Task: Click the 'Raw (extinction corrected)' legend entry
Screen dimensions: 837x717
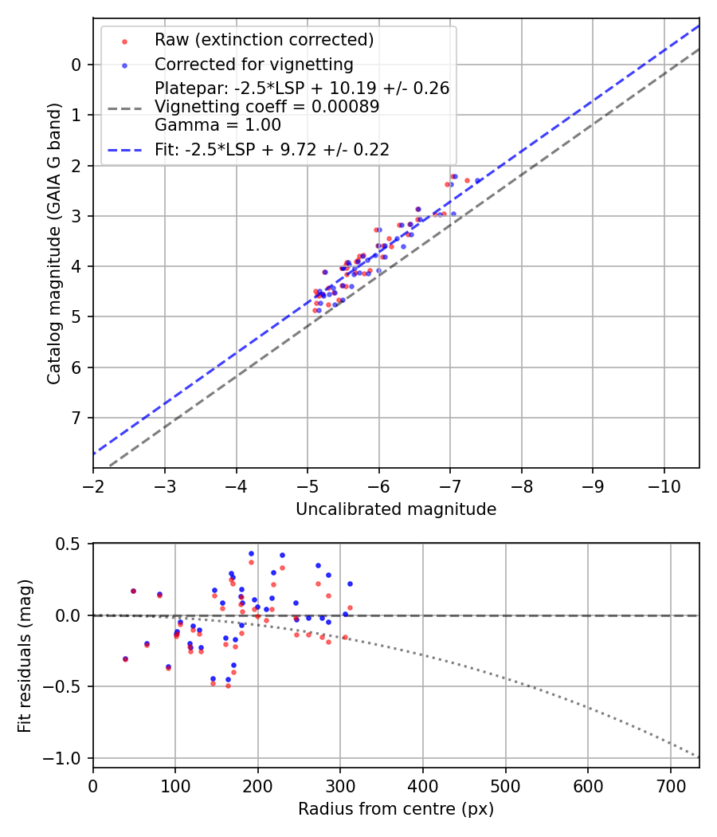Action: click(x=264, y=40)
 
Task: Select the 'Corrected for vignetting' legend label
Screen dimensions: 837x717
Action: click(x=253, y=64)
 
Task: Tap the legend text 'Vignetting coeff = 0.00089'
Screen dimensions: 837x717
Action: click(x=267, y=107)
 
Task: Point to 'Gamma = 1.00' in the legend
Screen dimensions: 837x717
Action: click(x=217, y=124)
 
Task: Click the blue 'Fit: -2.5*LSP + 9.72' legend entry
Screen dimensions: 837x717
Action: click(x=272, y=149)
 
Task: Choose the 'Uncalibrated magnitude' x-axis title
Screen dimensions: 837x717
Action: click(x=396, y=509)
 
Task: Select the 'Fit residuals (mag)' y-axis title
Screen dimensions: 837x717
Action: click(x=25, y=655)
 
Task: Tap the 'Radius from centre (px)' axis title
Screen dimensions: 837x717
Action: click(x=396, y=809)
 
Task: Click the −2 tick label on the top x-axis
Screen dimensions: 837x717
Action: click(x=93, y=485)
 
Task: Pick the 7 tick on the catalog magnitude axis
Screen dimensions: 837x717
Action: click(x=76, y=418)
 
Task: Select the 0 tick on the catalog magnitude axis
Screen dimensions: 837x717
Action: click(x=76, y=65)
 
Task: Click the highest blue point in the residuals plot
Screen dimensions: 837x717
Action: click(x=251, y=553)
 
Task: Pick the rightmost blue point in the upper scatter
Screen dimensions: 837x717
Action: click(x=478, y=181)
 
